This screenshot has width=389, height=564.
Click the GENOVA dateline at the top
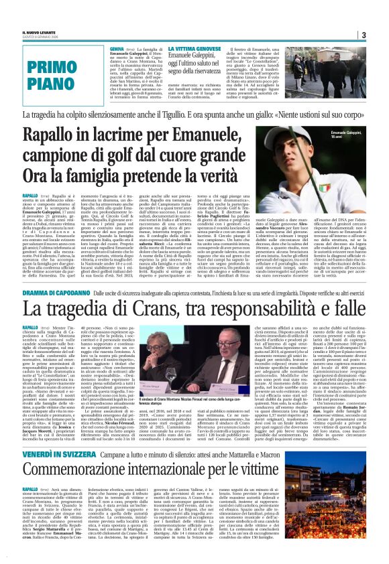(x=117, y=50)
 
